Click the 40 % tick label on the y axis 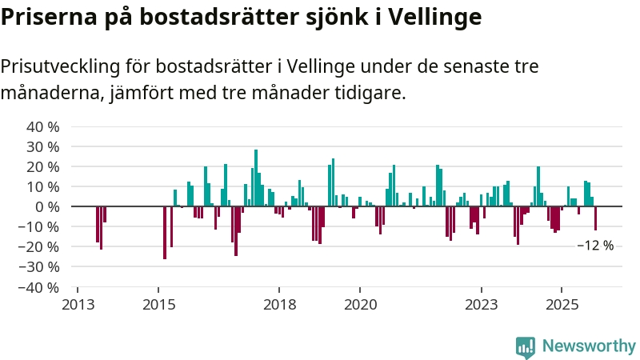42,127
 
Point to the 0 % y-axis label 49,207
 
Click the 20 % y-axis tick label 42,167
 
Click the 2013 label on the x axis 78,304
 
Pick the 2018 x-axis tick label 279,304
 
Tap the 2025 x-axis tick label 562,304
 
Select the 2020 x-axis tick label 360,304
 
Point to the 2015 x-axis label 158,304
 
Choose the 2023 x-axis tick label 482,304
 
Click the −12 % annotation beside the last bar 595,246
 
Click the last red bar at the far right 595,218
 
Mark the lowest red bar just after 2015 165,233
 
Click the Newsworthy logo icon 526,346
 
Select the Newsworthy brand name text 589,346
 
